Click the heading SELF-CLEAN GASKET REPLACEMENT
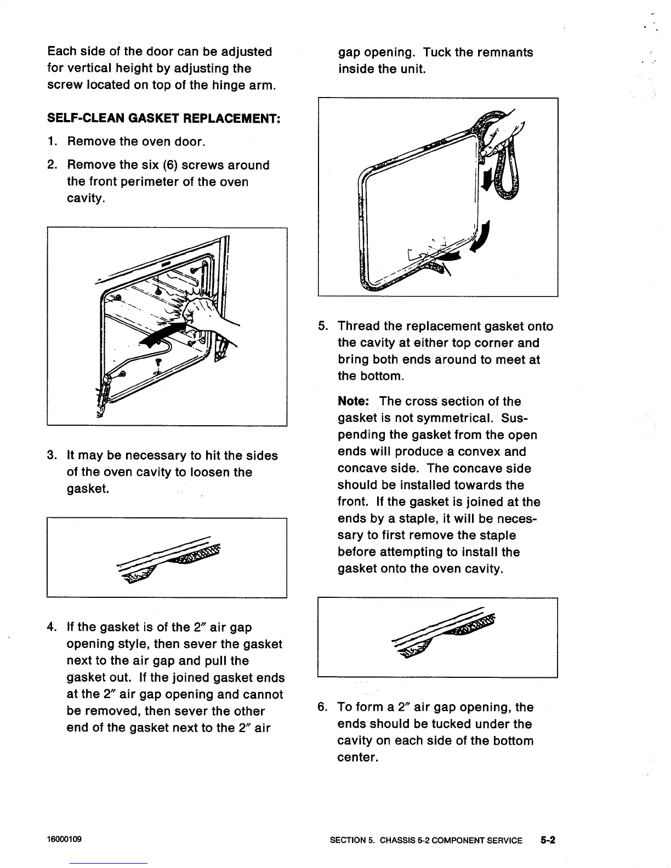(164, 118)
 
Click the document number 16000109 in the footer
(65, 840)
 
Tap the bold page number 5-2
(547, 840)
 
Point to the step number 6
(322, 707)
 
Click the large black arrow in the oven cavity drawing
(164, 333)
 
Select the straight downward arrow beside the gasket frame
(485, 176)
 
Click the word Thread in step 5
(359, 327)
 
